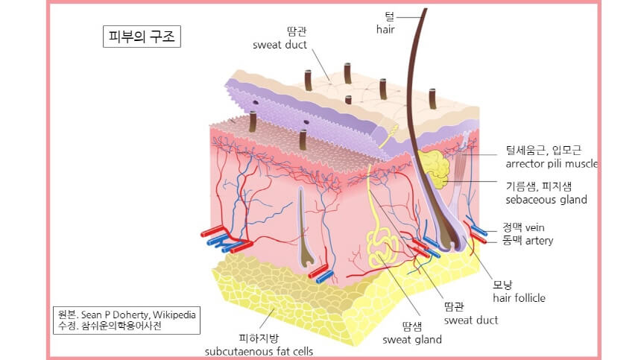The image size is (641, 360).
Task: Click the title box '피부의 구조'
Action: click(x=142, y=37)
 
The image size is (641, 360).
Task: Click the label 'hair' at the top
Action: click(x=385, y=30)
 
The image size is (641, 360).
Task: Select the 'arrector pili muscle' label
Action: click(x=552, y=164)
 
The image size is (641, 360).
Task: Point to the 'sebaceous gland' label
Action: click(x=546, y=200)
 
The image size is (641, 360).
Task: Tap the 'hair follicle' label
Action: click(x=519, y=298)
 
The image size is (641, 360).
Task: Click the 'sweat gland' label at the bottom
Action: click(x=412, y=340)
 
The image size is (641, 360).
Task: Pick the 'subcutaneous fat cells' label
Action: click(x=259, y=351)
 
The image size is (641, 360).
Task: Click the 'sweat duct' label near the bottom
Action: click(x=471, y=320)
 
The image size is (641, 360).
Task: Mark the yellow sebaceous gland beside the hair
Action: click(x=433, y=168)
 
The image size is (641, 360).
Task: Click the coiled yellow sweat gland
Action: click(x=382, y=246)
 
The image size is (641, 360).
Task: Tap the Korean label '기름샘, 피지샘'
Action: click(x=541, y=186)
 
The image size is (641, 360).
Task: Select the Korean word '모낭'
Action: click(x=502, y=285)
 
